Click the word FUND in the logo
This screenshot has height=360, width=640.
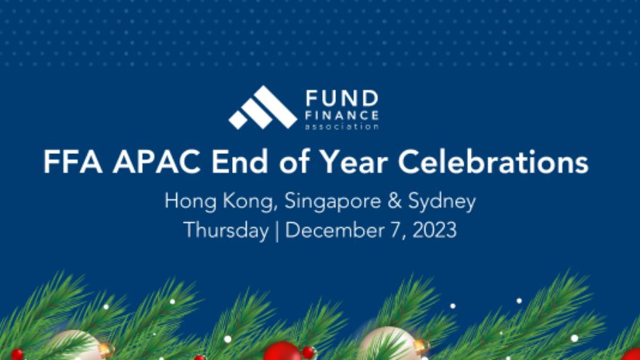[342, 99]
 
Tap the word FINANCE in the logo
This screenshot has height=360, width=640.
[342, 115]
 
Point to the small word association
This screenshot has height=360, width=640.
[342, 126]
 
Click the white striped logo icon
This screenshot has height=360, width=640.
[263, 107]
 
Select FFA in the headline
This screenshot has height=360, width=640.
[73, 162]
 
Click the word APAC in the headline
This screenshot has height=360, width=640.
[157, 162]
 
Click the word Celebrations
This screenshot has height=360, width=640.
[493, 162]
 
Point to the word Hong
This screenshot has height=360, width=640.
[191, 202]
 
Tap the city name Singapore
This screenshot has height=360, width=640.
[332, 202]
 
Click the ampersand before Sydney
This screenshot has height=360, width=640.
[395, 201]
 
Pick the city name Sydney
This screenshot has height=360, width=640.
[442, 202]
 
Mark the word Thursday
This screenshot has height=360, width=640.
[226, 231]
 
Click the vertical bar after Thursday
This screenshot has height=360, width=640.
[277, 232]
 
